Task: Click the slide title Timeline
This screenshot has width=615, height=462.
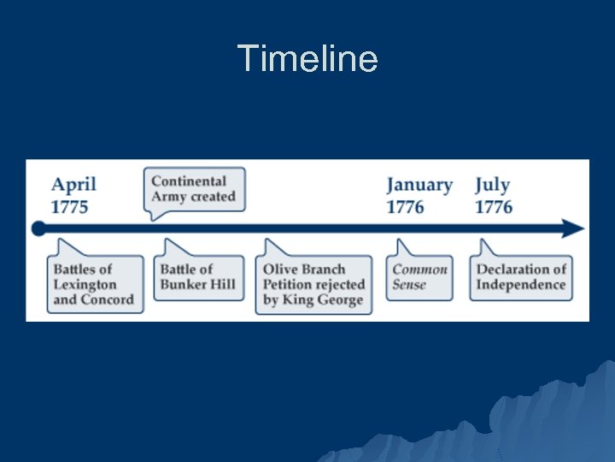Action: pos(307,59)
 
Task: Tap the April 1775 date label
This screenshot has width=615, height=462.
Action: pos(73,195)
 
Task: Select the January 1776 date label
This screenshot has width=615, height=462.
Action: pos(419,196)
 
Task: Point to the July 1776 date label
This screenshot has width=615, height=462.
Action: pos(494,196)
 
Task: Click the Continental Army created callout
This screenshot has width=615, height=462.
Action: pos(194,189)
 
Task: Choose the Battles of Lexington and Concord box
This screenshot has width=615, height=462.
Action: pos(94,284)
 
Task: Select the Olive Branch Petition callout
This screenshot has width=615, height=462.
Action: pos(313,285)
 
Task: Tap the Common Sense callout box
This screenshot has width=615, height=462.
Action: pos(419,277)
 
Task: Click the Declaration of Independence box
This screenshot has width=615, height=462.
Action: pos(521,277)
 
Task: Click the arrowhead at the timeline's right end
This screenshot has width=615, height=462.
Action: pos(575,228)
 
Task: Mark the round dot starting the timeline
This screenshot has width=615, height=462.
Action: pos(38,228)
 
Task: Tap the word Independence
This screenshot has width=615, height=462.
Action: pos(521,285)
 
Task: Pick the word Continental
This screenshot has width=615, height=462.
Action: pos(189,181)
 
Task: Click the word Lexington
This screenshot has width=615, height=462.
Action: pos(85,284)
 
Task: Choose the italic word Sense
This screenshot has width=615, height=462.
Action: pos(409,285)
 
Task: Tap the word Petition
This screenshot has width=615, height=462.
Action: pos(288,284)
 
